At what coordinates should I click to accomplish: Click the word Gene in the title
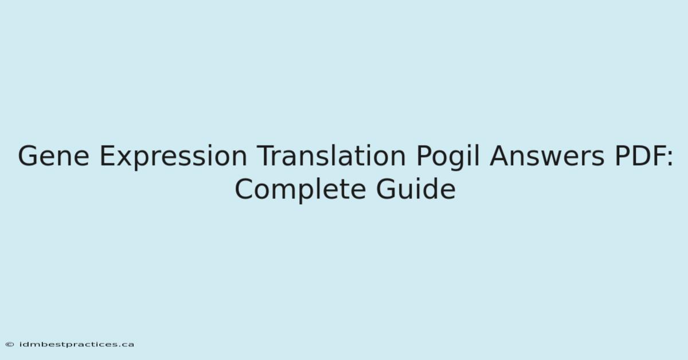pos(54,156)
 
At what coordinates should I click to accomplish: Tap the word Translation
pos(331,155)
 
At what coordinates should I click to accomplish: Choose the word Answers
pos(547,156)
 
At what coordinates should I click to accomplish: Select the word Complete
pos(300,190)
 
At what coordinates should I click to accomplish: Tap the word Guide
pos(416,189)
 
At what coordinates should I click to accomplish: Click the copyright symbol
pos(10,345)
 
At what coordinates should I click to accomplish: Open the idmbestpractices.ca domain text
pos(76,345)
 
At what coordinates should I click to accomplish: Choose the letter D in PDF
pos(638,156)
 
